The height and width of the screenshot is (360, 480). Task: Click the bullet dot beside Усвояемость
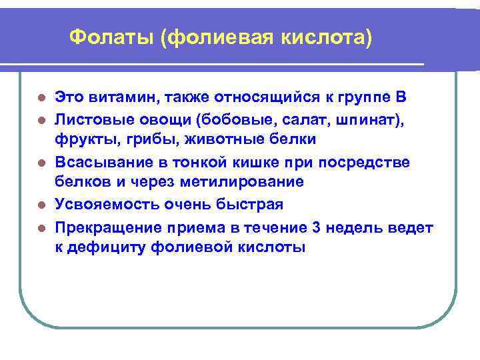(41, 205)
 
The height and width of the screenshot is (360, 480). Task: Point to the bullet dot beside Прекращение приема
(41, 227)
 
